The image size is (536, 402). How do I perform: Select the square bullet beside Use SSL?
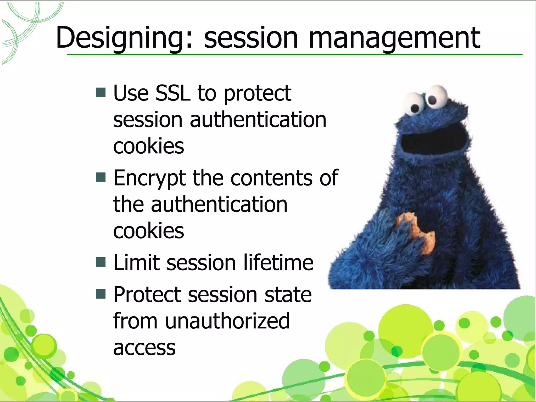point(101,92)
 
